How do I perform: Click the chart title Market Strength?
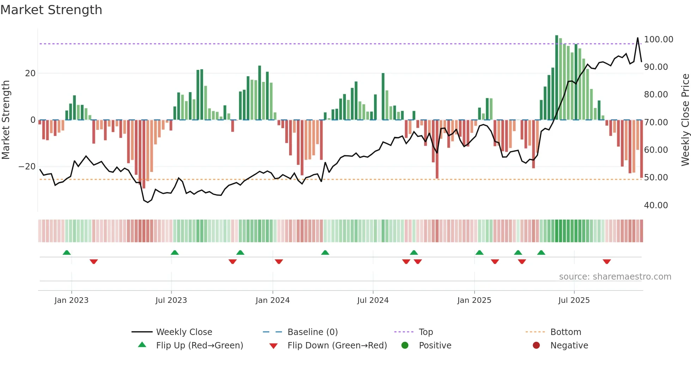coord(51,10)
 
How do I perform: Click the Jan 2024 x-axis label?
coord(273,300)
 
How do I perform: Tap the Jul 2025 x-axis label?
coord(574,300)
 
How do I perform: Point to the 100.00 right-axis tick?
coord(658,40)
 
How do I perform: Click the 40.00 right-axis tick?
coord(656,205)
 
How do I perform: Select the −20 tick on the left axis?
coord(27,167)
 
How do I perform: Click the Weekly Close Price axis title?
coord(685,120)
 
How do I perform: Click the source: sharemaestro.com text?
coord(615,277)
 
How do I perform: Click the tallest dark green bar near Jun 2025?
coord(557,78)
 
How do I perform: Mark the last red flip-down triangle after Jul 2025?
coord(607,262)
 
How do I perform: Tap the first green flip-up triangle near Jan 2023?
coord(67,252)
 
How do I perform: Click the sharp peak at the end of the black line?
coord(637,38)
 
